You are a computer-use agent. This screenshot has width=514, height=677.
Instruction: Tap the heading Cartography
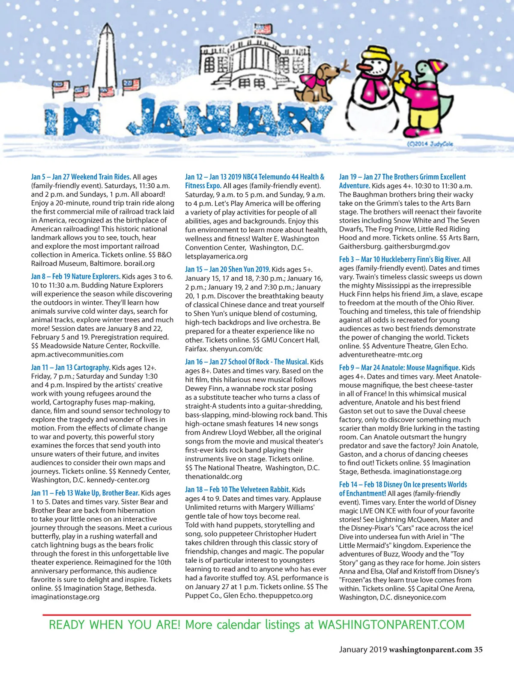click(92, 367)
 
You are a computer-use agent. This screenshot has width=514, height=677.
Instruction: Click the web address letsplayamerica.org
click(216, 256)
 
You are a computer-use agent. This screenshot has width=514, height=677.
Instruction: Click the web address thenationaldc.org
click(213, 476)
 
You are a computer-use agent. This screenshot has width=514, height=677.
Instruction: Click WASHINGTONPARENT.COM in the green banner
click(391, 625)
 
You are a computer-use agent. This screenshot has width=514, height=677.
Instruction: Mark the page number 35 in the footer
click(478, 650)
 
